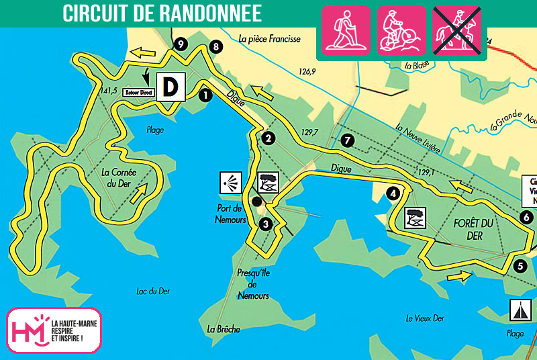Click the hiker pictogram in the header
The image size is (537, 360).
(346, 30)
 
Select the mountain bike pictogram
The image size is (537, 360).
(401, 30)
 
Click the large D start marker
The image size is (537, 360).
(171, 87)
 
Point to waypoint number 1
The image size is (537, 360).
(205, 95)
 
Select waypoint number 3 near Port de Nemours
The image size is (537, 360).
(266, 224)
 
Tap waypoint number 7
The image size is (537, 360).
(346, 140)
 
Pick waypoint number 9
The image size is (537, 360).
(179, 44)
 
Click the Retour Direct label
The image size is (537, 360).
(138, 93)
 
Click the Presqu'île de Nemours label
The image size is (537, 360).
(252, 284)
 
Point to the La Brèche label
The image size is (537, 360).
(224, 329)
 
